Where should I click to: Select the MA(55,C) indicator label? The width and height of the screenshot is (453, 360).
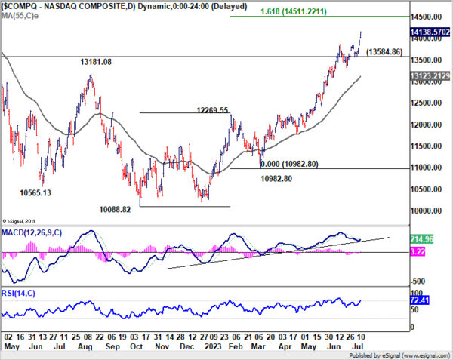[x=21, y=17]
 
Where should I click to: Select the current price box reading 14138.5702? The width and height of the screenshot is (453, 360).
[x=430, y=32]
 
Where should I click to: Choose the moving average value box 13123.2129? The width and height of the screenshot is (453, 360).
[x=430, y=76]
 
